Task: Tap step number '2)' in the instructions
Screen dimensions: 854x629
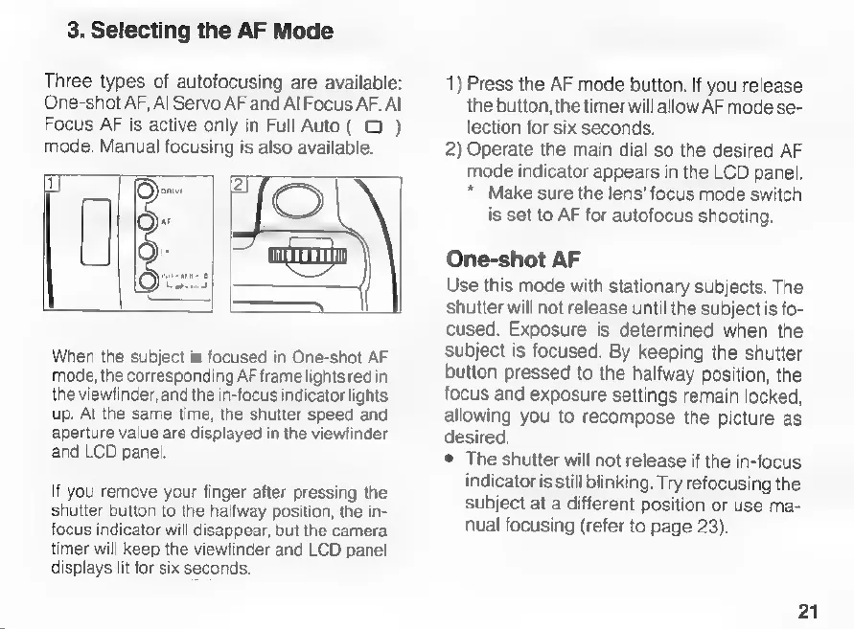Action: pos(453,149)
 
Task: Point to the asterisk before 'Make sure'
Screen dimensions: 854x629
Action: pos(474,192)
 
